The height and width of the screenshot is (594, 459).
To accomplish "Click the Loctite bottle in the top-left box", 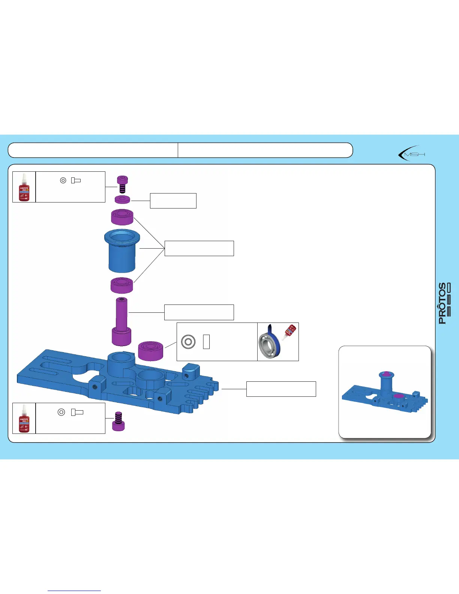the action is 24,187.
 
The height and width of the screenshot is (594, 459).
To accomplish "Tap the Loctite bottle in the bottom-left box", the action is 24,418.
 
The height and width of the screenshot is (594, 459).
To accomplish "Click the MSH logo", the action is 411,154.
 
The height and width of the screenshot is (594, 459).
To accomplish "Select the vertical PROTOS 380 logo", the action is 444,303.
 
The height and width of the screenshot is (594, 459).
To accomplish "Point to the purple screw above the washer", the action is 122,184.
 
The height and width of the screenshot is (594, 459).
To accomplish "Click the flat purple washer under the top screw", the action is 122,199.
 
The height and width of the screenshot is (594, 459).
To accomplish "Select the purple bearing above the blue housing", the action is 122,217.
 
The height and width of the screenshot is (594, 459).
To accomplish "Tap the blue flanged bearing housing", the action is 122,250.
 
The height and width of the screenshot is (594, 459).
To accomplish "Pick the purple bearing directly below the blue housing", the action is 122,285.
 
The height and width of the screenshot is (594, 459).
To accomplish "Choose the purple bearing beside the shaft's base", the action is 150,350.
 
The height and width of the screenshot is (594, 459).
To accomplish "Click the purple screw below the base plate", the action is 118,421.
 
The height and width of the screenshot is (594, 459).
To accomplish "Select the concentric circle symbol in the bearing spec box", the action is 188,342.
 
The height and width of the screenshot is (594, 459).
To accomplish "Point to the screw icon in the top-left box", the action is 76,180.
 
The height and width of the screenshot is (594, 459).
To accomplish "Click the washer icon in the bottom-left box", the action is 61,412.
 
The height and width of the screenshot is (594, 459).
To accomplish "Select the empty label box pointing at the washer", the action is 173,201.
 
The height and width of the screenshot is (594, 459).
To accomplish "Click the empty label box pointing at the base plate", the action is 281,389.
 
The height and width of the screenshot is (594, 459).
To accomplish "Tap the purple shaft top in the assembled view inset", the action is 386,374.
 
